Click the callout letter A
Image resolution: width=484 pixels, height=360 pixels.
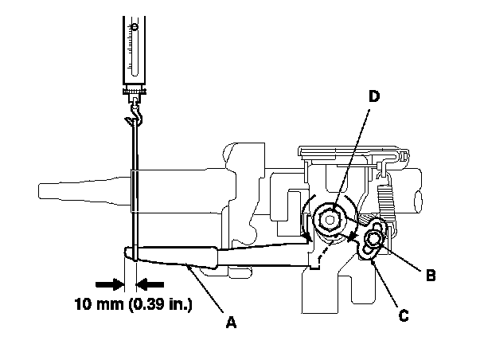click(x=231, y=322)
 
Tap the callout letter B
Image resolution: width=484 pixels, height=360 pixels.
click(x=431, y=275)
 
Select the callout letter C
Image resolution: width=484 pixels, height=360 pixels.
click(x=404, y=315)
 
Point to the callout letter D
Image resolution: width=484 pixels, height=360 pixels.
click(x=374, y=96)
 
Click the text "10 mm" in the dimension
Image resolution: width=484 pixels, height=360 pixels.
click(x=99, y=304)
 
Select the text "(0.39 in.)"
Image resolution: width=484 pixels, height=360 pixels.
click(x=161, y=304)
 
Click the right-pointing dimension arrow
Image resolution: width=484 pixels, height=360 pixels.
click(x=110, y=284)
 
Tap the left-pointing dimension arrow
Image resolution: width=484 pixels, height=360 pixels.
click(x=150, y=284)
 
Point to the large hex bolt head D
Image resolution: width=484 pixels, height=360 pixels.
click(x=330, y=220)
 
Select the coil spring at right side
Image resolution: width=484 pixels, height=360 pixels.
click(x=385, y=205)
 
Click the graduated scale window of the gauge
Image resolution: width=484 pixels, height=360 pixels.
click(x=135, y=49)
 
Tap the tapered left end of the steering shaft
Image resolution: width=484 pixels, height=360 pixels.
click(x=84, y=190)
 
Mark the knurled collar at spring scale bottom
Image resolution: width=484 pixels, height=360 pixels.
click(x=135, y=92)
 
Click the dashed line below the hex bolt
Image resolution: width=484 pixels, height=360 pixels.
click(x=325, y=250)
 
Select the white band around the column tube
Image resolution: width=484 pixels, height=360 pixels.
click(x=135, y=191)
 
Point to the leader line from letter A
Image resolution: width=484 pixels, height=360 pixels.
click(x=205, y=288)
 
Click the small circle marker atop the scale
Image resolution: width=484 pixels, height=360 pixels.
click(x=135, y=27)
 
